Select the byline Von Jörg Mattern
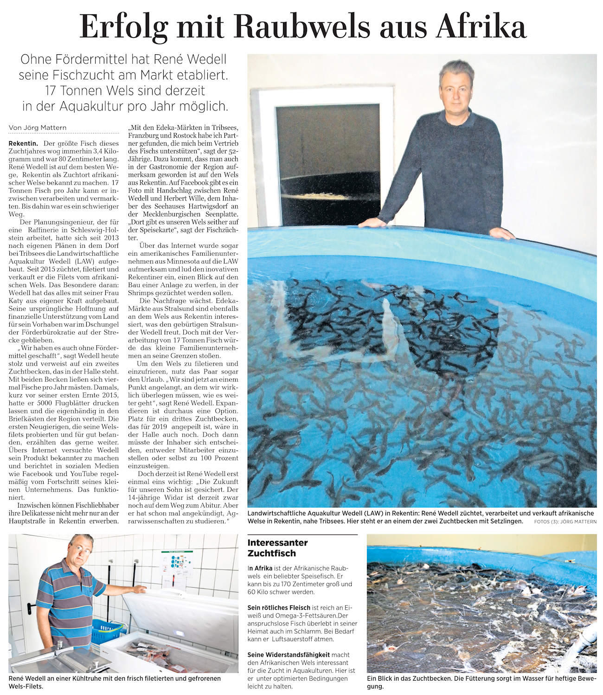click(x=38, y=128)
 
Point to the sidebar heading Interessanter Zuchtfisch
click(x=277, y=547)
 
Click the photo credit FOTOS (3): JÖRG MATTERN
click(x=565, y=521)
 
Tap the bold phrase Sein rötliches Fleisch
click(x=278, y=607)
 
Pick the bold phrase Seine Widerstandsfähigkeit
click(x=288, y=655)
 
